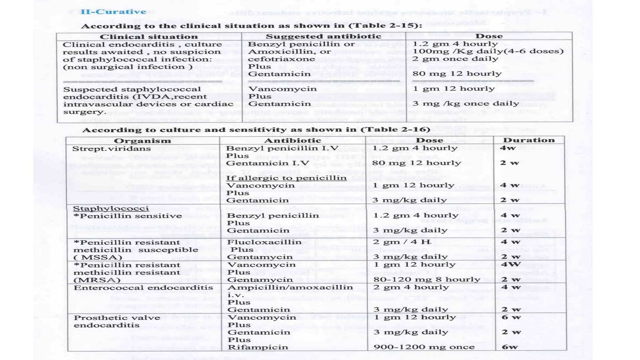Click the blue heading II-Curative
tap(113, 12)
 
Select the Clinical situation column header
tap(148, 37)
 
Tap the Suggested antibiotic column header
tap(323, 36)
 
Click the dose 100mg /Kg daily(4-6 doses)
tap(488, 51)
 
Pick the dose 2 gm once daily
tap(455, 59)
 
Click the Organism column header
tap(142, 141)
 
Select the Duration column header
tap(529, 140)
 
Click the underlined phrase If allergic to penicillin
tap(286, 178)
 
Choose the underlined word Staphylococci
tap(111, 208)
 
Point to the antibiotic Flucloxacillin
tap(264, 242)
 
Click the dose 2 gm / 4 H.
tap(402, 242)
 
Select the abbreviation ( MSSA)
tap(97, 257)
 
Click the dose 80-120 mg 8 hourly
tap(427, 279)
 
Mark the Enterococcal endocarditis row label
tap(143, 287)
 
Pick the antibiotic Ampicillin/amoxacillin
tap(290, 287)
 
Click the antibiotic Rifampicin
tap(258, 347)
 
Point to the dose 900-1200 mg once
tap(424, 347)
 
